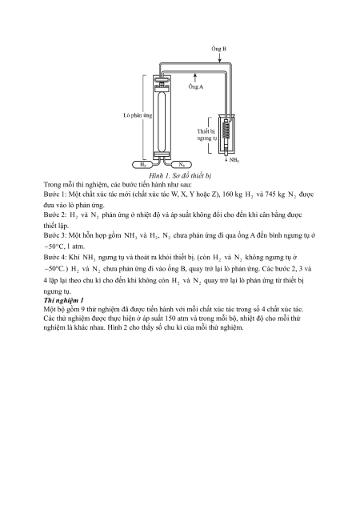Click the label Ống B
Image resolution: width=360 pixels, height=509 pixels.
coord(218,49)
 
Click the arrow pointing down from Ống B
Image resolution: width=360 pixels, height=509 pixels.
coord(220,58)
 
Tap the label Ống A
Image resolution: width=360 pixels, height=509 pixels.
coord(196,86)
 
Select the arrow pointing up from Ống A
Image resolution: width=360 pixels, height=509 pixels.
coord(195,78)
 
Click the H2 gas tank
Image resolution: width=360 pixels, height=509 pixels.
coord(143,165)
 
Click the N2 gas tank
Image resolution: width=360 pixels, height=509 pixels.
coord(181,165)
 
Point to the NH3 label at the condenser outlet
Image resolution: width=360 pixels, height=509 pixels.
coord(234,160)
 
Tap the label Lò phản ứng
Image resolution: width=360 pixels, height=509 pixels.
coord(138,115)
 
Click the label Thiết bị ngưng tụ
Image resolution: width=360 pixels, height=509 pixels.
coord(206,134)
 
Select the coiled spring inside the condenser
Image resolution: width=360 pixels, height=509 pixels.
coord(226,130)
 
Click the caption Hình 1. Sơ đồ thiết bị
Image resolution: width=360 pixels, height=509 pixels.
coord(180,175)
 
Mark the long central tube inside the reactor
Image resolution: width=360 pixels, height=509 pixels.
coord(162,120)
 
